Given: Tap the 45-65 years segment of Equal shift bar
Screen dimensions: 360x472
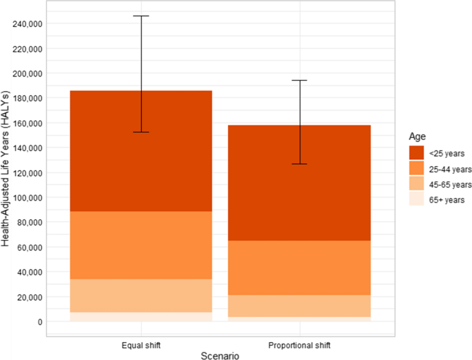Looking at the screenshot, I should click(x=141, y=295).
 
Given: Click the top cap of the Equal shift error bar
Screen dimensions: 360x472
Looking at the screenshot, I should click(x=141, y=16).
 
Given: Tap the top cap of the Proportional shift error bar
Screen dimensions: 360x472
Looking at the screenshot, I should click(x=300, y=81).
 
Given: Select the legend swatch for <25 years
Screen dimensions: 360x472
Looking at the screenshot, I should click(x=415, y=153).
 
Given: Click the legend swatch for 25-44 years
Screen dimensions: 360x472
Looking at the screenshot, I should click(x=415, y=169).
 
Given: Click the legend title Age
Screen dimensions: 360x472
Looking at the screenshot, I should click(x=416, y=137).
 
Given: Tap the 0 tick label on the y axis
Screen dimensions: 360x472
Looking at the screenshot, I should click(x=39, y=321).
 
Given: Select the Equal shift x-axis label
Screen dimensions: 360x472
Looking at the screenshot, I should click(x=141, y=343).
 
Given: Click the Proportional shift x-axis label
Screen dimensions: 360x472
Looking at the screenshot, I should click(x=300, y=343).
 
